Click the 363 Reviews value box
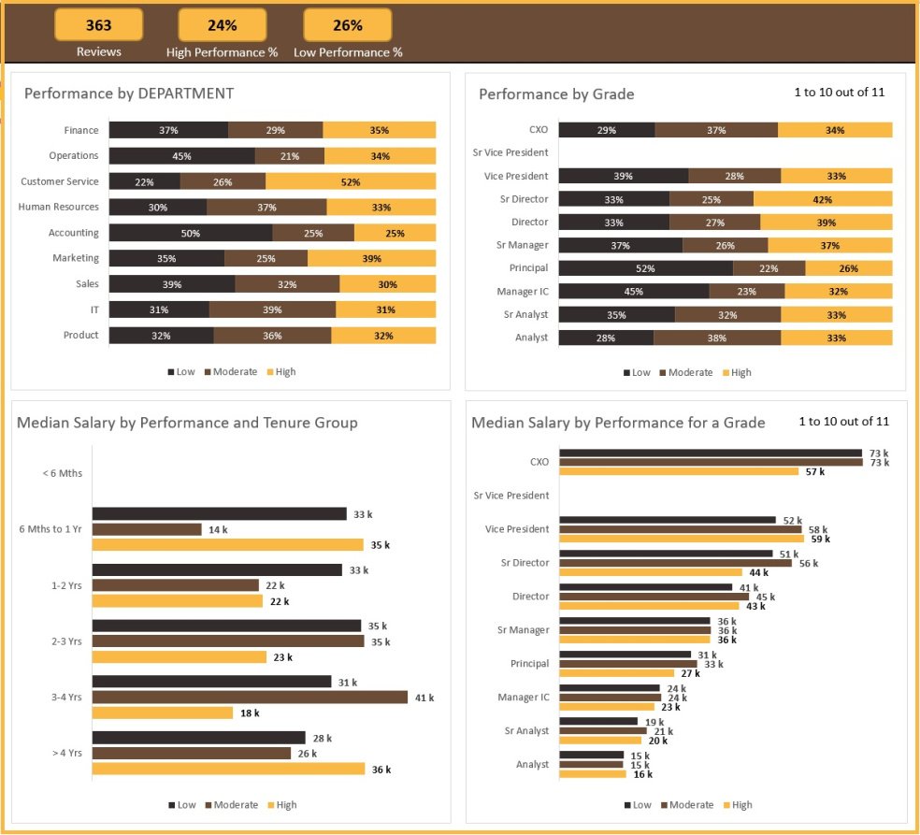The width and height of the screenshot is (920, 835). [98, 25]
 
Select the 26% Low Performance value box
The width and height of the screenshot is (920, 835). [348, 25]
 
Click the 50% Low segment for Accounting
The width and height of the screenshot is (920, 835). [191, 233]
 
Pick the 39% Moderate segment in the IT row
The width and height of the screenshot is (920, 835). [272, 310]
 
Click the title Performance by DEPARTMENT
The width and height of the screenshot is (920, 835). [129, 94]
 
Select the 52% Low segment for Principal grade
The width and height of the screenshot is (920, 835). [645, 268]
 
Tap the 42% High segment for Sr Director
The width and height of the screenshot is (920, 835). [823, 199]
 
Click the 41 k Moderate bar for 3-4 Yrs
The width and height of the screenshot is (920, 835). [250, 698]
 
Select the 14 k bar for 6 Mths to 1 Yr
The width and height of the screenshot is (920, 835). [147, 529]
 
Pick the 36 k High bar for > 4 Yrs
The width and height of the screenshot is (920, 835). [228, 769]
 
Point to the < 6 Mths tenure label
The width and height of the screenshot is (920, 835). [63, 473]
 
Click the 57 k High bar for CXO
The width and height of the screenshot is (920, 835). [679, 471]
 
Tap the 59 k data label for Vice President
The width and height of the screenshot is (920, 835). [820, 539]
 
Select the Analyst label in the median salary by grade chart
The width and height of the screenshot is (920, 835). [532, 764]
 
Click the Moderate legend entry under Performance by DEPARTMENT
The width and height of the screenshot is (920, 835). [229, 372]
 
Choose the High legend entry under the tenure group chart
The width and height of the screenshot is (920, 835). [280, 805]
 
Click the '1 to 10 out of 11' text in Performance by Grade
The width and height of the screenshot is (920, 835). [839, 92]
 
